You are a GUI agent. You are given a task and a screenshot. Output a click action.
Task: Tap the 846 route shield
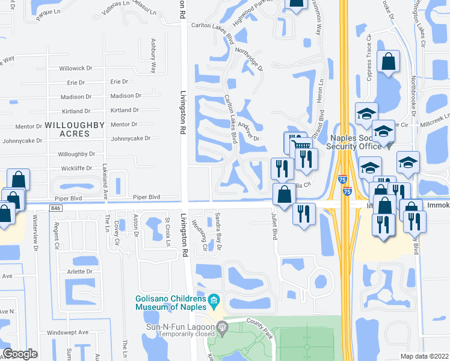[x=56, y=208]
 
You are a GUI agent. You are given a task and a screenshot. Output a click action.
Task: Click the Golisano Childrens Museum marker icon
[x=214, y=299]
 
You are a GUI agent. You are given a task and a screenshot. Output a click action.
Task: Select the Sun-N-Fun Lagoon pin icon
[x=223, y=327]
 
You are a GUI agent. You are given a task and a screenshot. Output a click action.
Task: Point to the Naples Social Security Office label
[x=354, y=142]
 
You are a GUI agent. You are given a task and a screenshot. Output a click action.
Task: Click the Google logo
[x=21, y=354]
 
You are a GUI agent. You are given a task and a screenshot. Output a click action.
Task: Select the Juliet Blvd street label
[x=274, y=226]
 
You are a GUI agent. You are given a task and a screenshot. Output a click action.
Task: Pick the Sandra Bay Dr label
[x=219, y=231]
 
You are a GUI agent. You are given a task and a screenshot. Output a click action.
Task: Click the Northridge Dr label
[x=250, y=59]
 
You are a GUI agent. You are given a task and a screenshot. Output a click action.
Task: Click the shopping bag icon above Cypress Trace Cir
[x=389, y=61]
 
